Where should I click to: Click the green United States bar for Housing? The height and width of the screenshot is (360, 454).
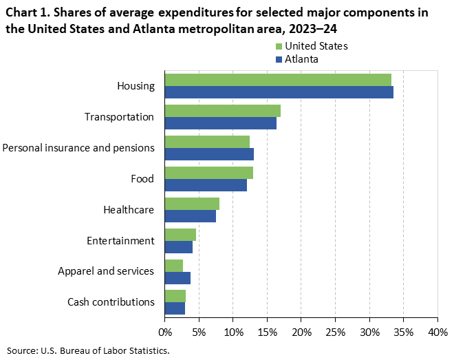point(278,80)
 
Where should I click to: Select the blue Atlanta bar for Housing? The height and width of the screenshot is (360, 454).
point(279,92)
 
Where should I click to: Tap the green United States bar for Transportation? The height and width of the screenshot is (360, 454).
point(223,111)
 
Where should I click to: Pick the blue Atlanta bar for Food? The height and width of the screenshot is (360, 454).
point(206,185)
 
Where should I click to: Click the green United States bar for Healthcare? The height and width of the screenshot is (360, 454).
point(192,204)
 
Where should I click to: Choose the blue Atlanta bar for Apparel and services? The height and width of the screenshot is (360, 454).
point(177,277)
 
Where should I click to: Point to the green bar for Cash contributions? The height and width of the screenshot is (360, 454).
point(175,296)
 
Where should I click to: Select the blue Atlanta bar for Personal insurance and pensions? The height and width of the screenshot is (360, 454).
point(209,154)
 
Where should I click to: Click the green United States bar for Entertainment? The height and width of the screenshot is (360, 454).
point(180,235)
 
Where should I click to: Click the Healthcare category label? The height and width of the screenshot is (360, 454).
point(128,210)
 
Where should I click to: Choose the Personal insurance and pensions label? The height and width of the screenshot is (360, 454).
point(78,148)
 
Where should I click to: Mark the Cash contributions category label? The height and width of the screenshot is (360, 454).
point(111,302)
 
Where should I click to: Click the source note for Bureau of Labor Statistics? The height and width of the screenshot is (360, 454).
point(88,351)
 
